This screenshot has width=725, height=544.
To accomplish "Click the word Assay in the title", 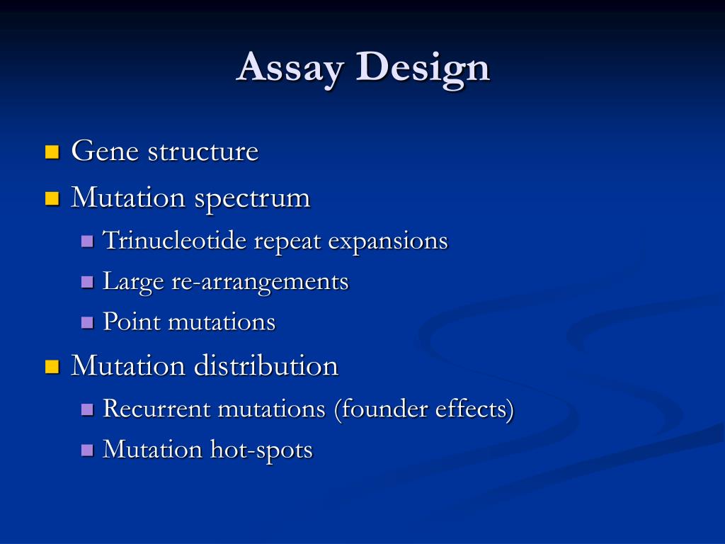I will pyautogui.click(x=292, y=68).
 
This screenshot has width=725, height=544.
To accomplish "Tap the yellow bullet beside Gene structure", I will pyautogui.click(x=51, y=152).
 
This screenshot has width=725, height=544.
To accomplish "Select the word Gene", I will pyautogui.click(x=105, y=152).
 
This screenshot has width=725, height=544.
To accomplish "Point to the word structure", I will pyautogui.click(x=202, y=152).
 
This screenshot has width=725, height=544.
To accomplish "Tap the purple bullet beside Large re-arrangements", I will pyautogui.click(x=88, y=282).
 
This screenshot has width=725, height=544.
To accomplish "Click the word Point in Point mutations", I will pyautogui.click(x=132, y=322).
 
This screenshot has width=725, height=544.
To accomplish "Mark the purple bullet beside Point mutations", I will pyautogui.click(x=88, y=323).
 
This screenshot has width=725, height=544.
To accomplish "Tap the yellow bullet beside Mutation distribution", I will pyautogui.click(x=51, y=366).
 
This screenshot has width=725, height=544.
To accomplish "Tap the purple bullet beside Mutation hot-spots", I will pyautogui.click(x=88, y=450).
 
